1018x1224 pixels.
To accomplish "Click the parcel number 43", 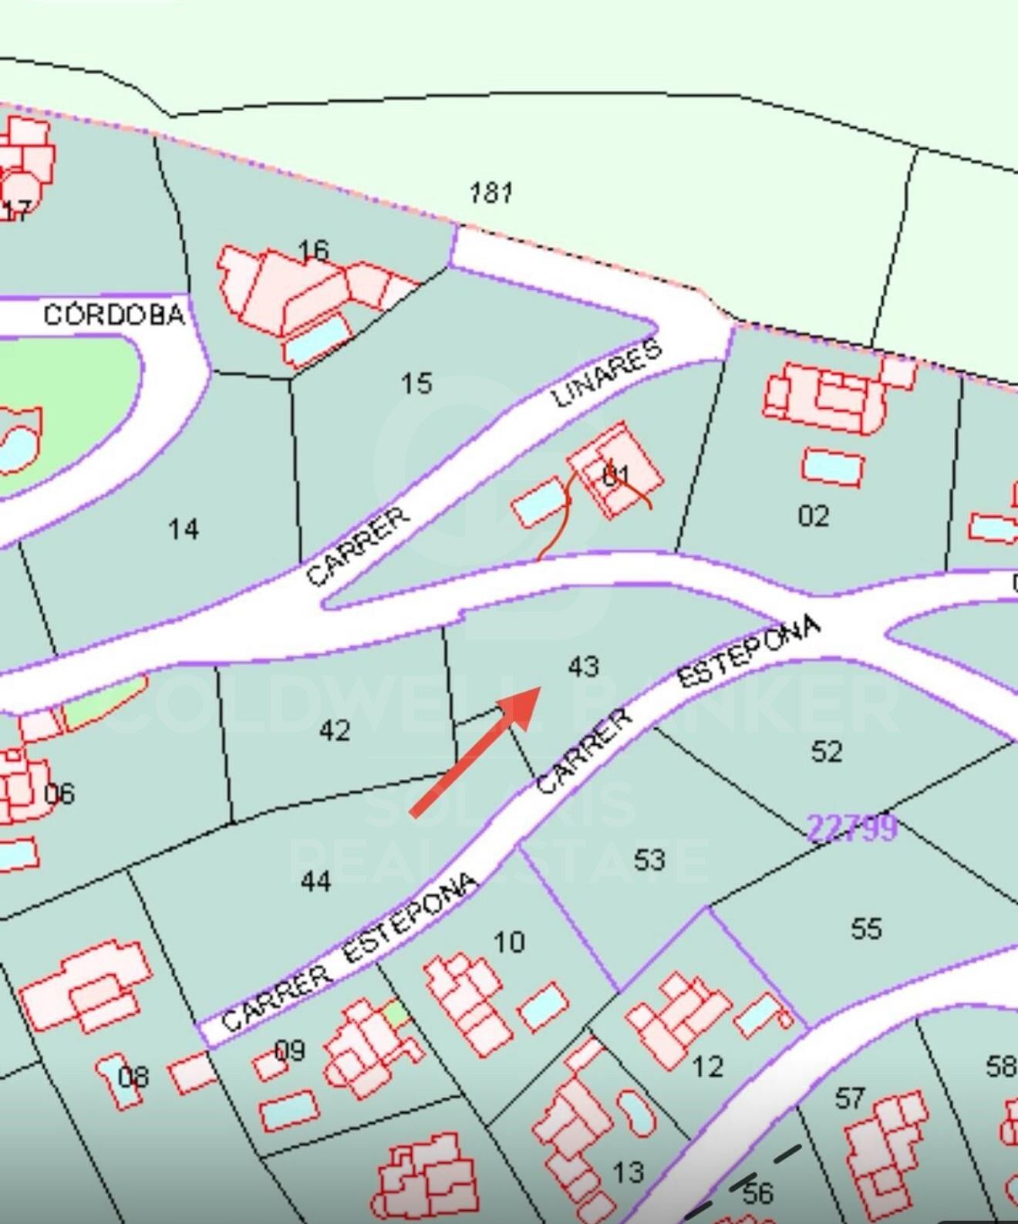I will [x=583, y=666].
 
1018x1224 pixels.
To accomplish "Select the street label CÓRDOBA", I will [x=114, y=315].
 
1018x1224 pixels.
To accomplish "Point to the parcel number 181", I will [x=492, y=192].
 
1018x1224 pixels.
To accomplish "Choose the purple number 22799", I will [x=851, y=828].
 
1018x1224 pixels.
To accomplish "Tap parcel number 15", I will [x=416, y=383].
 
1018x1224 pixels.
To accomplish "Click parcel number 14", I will [x=184, y=529].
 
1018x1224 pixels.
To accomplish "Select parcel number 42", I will [x=335, y=730].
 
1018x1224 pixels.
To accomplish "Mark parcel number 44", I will [x=315, y=880].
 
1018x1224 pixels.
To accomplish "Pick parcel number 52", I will [x=827, y=750].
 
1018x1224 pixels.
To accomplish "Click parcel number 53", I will [x=649, y=858].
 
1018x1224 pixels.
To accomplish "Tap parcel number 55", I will [x=866, y=928].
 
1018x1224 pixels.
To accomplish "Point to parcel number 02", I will [x=814, y=515].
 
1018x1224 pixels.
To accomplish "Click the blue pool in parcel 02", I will [x=832, y=467].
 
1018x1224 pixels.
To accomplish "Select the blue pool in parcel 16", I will [x=317, y=342].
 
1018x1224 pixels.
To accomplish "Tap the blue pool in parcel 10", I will [x=544, y=1006].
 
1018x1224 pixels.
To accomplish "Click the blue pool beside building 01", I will [x=540, y=502].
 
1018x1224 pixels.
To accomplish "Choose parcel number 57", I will [x=850, y=1097].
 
